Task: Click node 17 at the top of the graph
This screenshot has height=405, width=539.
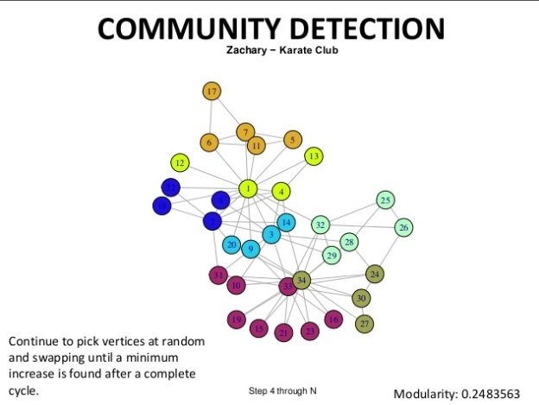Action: tap(212, 90)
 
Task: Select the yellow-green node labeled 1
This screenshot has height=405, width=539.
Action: tap(248, 188)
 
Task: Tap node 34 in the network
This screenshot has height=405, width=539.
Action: tap(301, 280)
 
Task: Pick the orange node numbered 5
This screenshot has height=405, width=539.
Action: tap(293, 139)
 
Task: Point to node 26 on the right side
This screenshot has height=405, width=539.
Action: tap(403, 228)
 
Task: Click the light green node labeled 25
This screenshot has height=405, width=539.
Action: tap(385, 200)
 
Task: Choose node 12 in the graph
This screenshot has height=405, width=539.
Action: tap(180, 162)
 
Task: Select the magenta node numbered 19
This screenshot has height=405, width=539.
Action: tap(237, 320)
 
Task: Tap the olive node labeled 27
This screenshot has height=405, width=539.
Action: tap(365, 323)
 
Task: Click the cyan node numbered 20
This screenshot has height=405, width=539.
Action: tap(231, 245)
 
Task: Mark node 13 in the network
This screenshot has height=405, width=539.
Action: tap(314, 155)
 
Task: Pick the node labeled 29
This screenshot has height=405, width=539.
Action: tap(332, 255)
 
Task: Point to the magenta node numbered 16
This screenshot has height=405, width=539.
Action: tap(333, 320)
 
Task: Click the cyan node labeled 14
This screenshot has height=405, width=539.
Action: tap(286, 222)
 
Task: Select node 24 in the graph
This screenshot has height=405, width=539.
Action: tap(374, 275)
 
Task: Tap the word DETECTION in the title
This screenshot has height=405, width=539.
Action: tap(363, 28)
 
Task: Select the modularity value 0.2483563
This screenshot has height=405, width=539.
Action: tap(489, 394)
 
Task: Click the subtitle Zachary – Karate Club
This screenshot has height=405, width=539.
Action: tap(269, 50)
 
